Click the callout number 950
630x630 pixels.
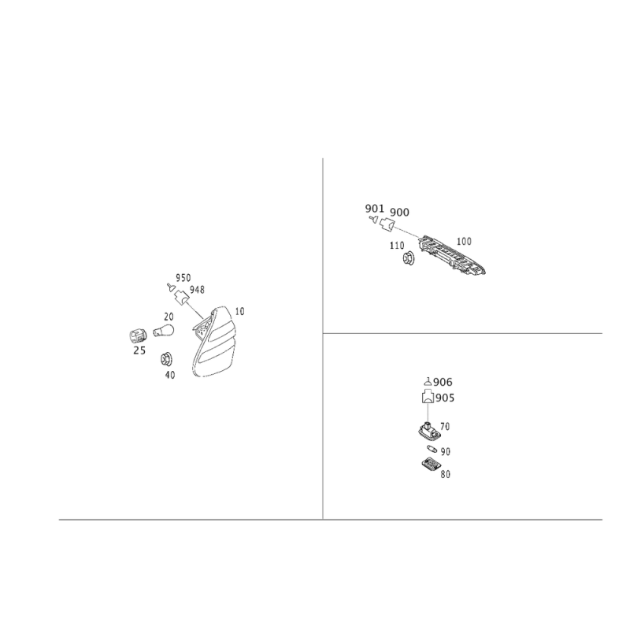(x=183, y=278)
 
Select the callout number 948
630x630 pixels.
(x=198, y=290)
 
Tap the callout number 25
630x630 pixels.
(x=139, y=350)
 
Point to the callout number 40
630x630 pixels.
(x=170, y=375)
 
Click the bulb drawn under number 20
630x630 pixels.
(x=164, y=331)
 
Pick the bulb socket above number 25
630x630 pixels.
(x=139, y=336)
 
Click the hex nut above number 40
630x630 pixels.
(x=165, y=359)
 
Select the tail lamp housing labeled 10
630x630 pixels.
(x=213, y=342)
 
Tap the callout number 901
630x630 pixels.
(x=375, y=209)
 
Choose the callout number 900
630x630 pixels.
(x=399, y=212)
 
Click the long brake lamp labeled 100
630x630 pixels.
(x=451, y=255)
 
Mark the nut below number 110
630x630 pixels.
(x=409, y=258)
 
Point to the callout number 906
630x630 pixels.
(x=443, y=382)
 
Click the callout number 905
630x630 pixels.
(x=445, y=398)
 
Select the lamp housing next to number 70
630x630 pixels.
(x=428, y=430)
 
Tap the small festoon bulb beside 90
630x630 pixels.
(x=432, y=448)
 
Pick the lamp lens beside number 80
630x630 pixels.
(x=431, y=464)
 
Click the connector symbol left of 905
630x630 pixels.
(x=428, y=397)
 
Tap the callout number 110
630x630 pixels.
(x=397, y=246)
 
